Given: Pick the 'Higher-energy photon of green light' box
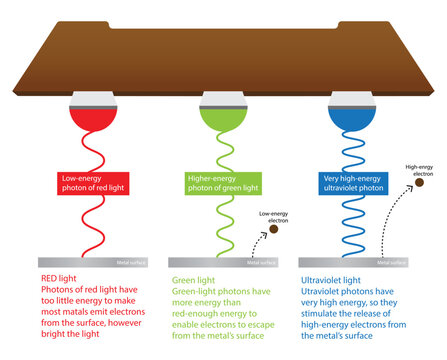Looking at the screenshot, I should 223,182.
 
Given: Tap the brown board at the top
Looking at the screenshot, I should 223,50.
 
